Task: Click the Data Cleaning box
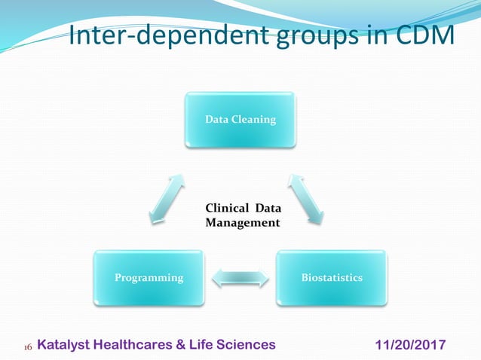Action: click(x=240, y=119)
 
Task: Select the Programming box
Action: click(x=149, y=277)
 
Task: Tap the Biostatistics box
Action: click(x=332, y=277)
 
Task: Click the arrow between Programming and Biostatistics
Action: click(x=240, y=276)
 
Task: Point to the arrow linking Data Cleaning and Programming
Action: click(x=166, y=199)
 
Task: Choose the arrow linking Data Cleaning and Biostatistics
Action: click(x=306, y=199)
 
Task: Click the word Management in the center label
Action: click(x=242, y=223)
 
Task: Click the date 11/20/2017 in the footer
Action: click(x=410, y=344)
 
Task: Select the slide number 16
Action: click(x=28, y=346)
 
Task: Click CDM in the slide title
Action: click(x=426, y=36)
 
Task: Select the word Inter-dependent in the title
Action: click(x=156, y=36)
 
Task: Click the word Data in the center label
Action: click(x=263, y=209)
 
